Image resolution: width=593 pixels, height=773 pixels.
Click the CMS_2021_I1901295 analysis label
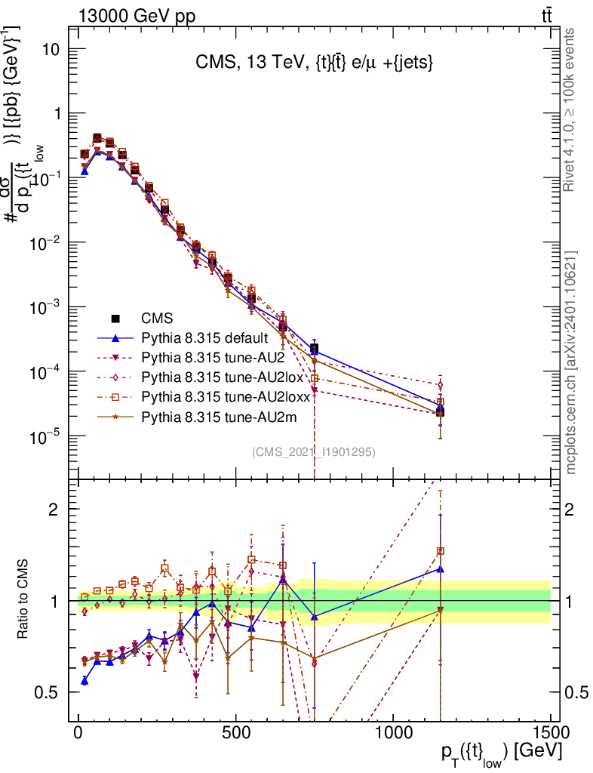click(314, 451)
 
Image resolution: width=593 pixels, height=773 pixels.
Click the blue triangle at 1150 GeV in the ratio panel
click(441, 568)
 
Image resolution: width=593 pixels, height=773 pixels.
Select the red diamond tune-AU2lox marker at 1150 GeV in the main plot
click(441, 385)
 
